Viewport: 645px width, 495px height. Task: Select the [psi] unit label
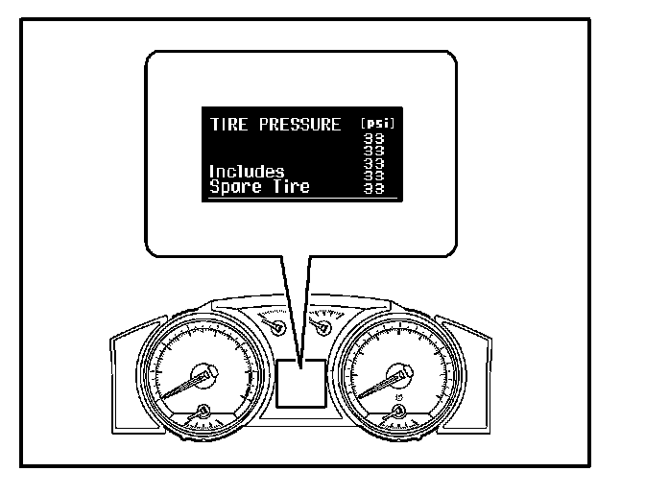[x=378, y=124]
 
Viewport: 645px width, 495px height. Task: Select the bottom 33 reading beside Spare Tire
[x=378, y=189]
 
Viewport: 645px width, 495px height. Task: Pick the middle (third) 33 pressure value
[x=378, y=163]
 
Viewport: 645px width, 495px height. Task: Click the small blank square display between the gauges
[x=299, y=385]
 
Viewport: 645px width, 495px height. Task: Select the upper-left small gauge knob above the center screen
[x=278, y=329]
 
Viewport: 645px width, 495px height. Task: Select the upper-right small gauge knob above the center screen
[x=322, y=329]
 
